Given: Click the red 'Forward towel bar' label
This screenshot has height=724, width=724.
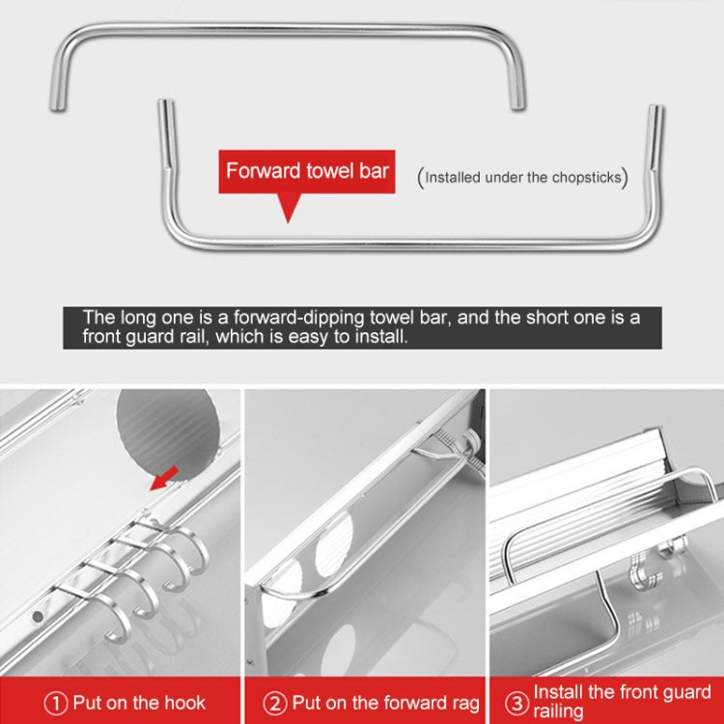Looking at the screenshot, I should click(x=307, y=172).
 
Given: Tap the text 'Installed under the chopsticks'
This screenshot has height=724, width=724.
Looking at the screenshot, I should click(x=522, y=177).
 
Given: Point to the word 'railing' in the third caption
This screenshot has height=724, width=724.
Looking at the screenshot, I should click(x=559, y=712).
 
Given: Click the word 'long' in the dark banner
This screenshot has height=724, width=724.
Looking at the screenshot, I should click(x=133, y=317).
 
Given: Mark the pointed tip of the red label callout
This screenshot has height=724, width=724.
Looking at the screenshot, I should click(x=287, y=220).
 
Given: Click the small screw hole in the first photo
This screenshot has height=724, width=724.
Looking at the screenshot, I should click(x=38, y=614).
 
